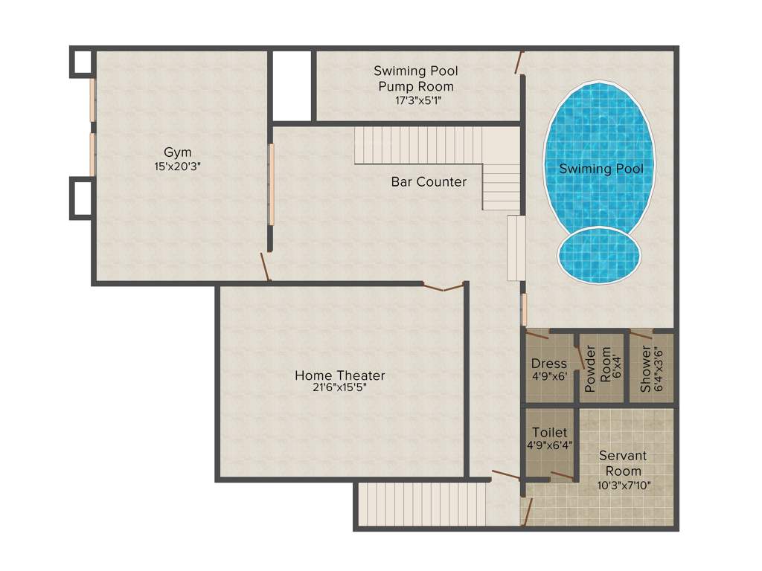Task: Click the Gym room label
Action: pyautogui.click(x=178, y=152)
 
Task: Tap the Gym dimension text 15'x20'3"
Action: pyautogui.click(x=178, y=167)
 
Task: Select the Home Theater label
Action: pyautogui.click(x=340, y=375)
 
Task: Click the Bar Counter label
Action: pyautogui.click(x=429, y=181)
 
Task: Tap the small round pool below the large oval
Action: pyautogui.click(x=599, y=255)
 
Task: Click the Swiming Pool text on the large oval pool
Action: pyautogui.click(x=601, y=169)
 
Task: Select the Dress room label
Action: pyautogui.click(x=549, y=364)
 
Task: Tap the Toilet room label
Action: pyautogui.click(x=549, y=432)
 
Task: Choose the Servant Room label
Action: pyautogui.click(x=623, y=462)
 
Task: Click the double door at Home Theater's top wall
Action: pyautogui.click(x=444, y=286)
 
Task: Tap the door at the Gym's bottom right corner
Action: pyautogui.click(x=265, y=267)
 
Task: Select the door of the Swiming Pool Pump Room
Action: pyautogui.click(x=519, y=62)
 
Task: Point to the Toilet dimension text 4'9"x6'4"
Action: pyautogui.click(x=549, y=445)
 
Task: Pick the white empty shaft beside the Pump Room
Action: pyautogui.click(x=292, y=85)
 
